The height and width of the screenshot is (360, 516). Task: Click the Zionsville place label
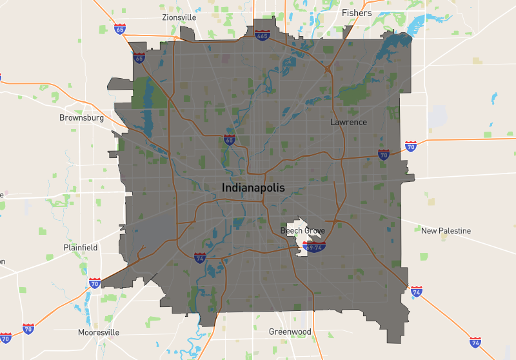(179, 17)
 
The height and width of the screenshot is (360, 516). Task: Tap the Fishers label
(357, 13)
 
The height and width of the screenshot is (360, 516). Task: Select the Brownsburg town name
(81, 118)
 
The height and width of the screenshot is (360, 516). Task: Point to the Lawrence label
(348, 122)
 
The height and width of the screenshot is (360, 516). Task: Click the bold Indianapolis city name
(252, 188)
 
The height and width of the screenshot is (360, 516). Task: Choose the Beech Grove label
(303, 230)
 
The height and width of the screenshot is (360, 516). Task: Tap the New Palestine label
(446, 230)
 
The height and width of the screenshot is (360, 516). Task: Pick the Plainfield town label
(81, 247)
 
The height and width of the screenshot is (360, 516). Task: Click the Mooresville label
(99, 332)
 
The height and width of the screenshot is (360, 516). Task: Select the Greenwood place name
(290, 332)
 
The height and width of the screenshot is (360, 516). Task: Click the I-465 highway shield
(262, 35)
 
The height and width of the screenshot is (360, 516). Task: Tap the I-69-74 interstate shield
(315, 246)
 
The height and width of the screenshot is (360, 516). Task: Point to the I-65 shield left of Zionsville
(120, 29)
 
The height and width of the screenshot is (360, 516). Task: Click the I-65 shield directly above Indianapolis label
(229, 139)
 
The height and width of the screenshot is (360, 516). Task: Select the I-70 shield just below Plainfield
(95, 283)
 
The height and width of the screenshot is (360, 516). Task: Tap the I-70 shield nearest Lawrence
(384, 155)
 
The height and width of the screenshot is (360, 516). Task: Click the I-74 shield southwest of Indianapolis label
(200, 258)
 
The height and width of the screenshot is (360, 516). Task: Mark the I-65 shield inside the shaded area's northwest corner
(139, 58)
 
